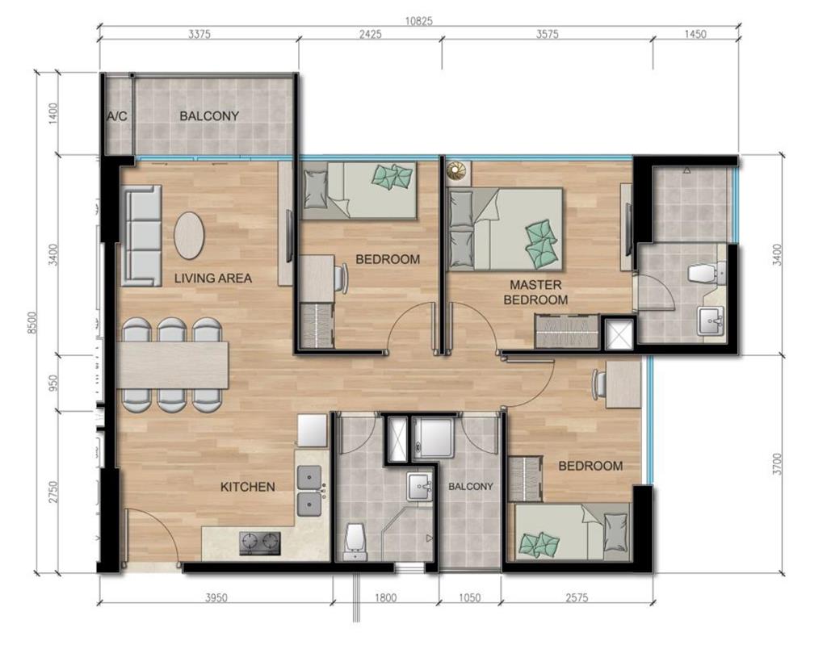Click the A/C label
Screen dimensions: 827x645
tap(117, 116)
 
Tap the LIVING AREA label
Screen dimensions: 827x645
tap(213, 278)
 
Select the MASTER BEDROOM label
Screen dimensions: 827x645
tap(535, 292)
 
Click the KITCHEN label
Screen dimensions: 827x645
tap(248, 487)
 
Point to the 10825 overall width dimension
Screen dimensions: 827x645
tap(419, 22)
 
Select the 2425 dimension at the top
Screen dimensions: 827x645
tap(370, 35)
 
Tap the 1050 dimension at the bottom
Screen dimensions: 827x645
tap(469, 597)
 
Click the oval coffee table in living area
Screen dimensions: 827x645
tap(189, 235)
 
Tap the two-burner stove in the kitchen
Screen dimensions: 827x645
tap(259, 543)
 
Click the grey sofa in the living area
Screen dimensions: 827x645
tap(143, 235)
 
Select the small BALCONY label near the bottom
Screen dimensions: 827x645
tap(471, 486)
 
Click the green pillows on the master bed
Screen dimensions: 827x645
tap(541, 240)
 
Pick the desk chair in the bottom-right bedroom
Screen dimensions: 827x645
tap(600, 383)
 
